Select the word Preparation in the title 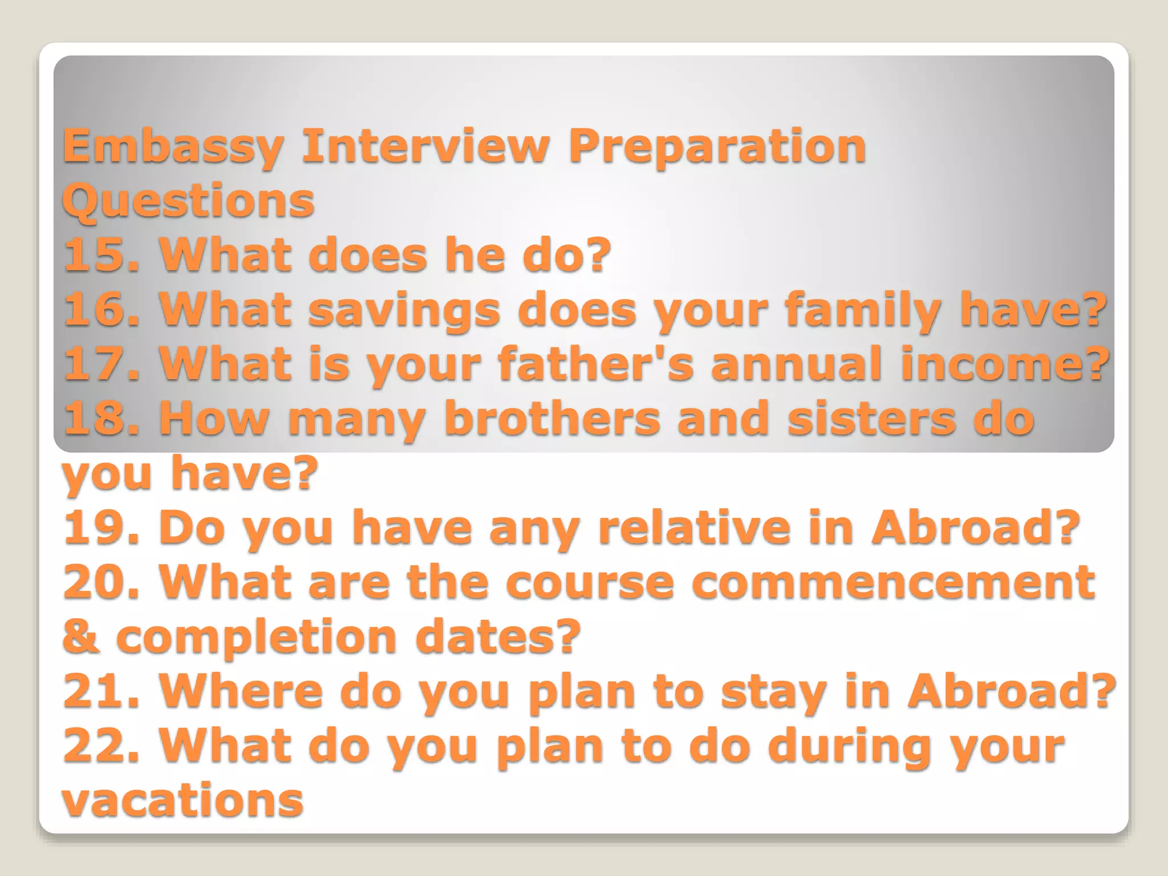point(717,147)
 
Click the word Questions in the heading point(188,201)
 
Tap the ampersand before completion point(80,636)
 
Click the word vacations point(182,800)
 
